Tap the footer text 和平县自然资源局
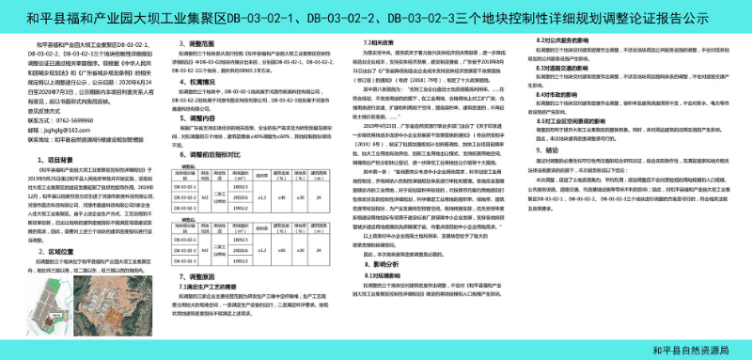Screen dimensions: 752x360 (690, 349)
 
